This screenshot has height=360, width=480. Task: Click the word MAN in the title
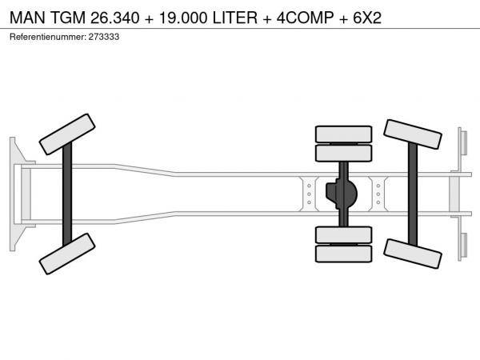click(x=27, y=18)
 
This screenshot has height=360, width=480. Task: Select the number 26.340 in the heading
click(x=114, y=18)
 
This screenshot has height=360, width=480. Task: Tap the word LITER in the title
click(x=234, y=18)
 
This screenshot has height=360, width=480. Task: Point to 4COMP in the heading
click(x=306, y=18)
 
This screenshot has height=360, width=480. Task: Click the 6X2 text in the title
click(x=367, y=18)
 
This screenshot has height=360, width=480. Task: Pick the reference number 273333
click(x=104, y=37)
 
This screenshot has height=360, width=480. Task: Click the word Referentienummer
click(x=48, y=37)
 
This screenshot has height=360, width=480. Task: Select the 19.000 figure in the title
click(x=183, y=18)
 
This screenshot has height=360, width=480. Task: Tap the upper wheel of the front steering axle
click(x=67, y=134)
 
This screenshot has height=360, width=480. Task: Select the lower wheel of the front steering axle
click(x=67, y=254)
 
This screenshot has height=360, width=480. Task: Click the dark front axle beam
click(x=67, y=194)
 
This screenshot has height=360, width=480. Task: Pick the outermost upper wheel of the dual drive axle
click(x=344, y=134)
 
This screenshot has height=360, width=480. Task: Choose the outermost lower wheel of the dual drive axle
click(x=344, y=254)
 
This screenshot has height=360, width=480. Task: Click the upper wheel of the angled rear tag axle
click(x=413, y=134)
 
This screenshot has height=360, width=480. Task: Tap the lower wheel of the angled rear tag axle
click(x=413, y=254)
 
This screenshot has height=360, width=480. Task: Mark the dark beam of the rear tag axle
click(x=413, y=194)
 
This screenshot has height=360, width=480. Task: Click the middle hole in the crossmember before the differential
click(x=309, y=194)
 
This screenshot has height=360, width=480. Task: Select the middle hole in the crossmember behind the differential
click(x=378, y=194)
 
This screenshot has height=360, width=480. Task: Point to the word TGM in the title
click(x=68, y=18)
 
